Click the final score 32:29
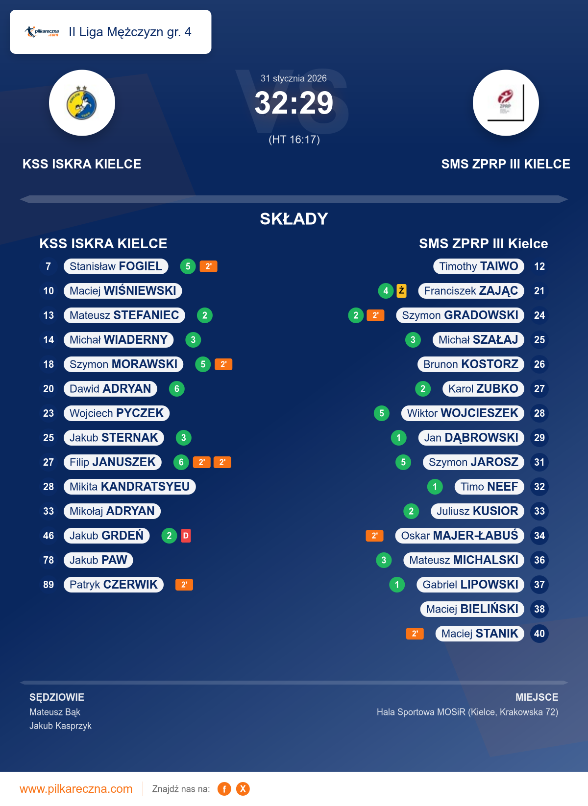coord(294,103)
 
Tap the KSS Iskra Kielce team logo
coord(82,103)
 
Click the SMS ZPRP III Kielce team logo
coord(506,103)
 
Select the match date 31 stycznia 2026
coord(294,78)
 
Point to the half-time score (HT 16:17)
coord(294,140)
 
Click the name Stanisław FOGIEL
coord(116,266)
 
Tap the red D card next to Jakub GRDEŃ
coord(186,536)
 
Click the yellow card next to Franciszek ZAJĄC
coord(401,291)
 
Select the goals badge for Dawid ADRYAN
coord(177,389)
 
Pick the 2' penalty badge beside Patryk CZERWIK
coord(184,585)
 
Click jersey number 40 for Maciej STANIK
coord(539,634)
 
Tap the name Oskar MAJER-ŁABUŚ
coord(460,536)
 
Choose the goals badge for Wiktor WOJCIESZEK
coord(382,413)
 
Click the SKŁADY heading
coord(294,219)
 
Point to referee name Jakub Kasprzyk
coord(60,726)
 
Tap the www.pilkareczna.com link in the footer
coord(76,789)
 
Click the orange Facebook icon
coord(224,789)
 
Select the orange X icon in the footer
coord(243,789)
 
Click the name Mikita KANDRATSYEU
coord(129,487)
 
